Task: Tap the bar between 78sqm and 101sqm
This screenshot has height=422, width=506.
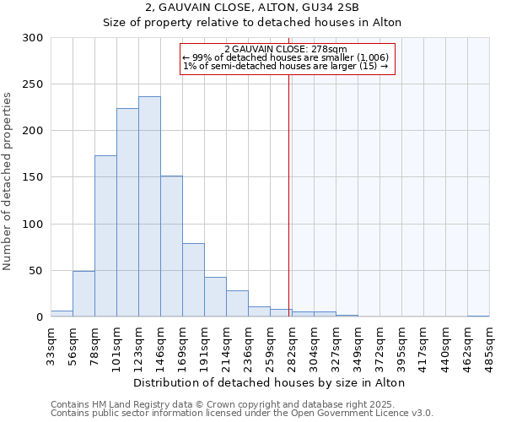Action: pos(105,236)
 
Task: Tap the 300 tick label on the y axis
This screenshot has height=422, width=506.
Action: pos(33,38)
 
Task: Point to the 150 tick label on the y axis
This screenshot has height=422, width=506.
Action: pos(33,177)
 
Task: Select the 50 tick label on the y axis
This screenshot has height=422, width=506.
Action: pos(36,271)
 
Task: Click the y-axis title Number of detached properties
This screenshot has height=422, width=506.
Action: pos(8,177)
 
